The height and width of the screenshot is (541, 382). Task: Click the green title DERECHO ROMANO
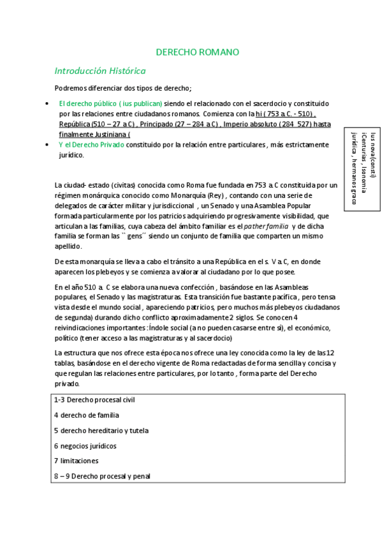(x=197, y=52)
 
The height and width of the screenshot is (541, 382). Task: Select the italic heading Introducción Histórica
(x=100, y=71)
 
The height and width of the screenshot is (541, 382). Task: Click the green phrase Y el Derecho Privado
(x=91, y=145)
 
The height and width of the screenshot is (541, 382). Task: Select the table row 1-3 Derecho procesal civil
(x=94, y=399)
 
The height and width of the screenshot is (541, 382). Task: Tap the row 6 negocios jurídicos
(x=85, y=446)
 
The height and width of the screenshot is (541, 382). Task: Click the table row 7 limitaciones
(x=75, y=461)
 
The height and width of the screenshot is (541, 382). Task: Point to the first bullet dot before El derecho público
(x=49, y=103)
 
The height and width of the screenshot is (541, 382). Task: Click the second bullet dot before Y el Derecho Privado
(x=49, y=145)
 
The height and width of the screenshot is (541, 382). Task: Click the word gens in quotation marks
(x=128, y=237)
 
